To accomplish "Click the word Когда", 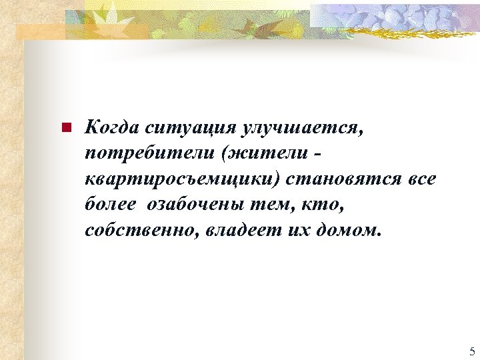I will pos(111,127).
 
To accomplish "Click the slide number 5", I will pos(472,351).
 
